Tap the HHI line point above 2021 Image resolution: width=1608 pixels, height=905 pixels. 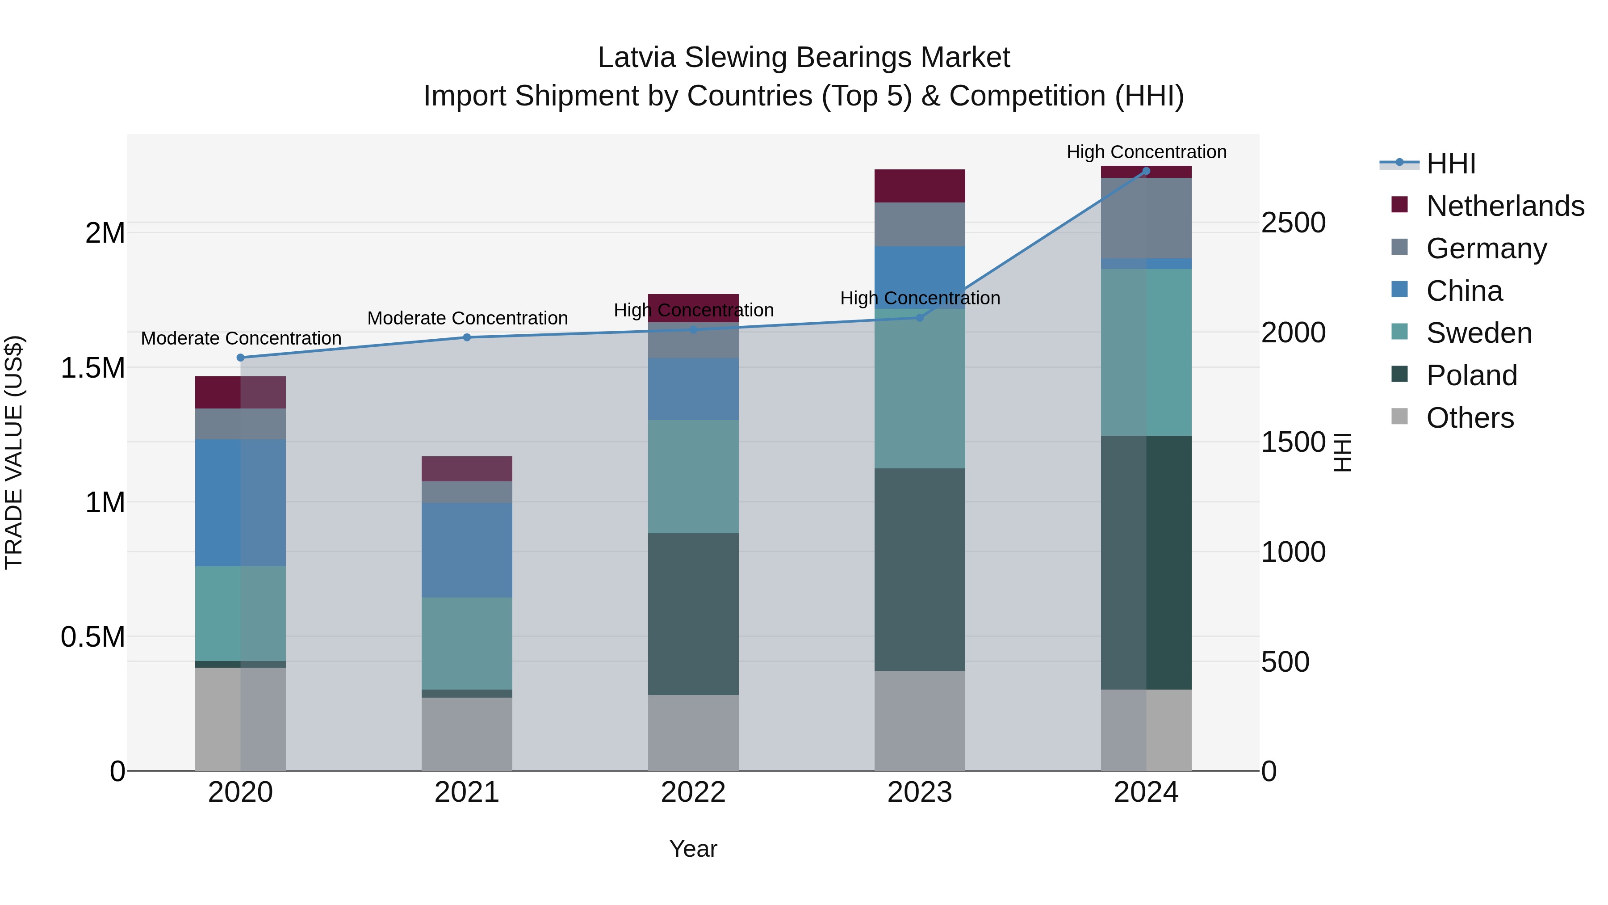(467, 337)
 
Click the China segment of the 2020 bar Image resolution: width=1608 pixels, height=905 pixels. (240, 502)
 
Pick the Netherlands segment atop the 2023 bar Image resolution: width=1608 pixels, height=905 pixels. (920, 185)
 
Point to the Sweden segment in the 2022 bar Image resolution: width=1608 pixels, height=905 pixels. (693, 476)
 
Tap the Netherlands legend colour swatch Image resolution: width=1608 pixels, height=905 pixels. (1399, 205)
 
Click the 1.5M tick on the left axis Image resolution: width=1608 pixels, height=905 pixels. (93, 368)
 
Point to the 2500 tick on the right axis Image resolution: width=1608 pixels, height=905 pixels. (1293, 223)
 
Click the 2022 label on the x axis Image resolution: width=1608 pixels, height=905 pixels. (693, 792)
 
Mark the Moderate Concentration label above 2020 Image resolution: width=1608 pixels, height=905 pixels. (241, 338)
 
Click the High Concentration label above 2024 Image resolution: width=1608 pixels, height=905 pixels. (1146, 152)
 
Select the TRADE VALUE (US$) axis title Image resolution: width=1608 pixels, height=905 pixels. (14, 452)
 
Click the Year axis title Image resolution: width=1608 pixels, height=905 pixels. (693, 849)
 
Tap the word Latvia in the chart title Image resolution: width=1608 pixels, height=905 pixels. (636, 58)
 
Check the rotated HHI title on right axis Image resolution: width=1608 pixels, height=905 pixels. (1343, 452)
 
